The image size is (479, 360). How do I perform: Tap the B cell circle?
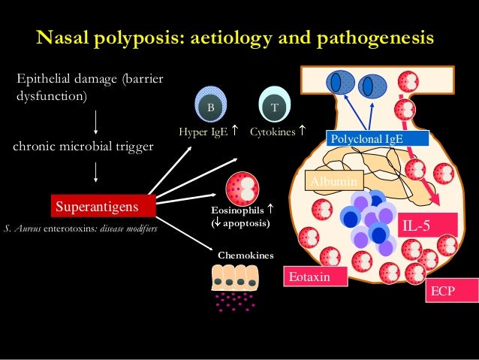211,106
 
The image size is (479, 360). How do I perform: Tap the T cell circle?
275,106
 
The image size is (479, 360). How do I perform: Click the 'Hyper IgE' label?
203,132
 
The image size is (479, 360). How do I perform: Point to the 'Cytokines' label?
273,132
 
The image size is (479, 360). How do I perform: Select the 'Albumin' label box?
333,180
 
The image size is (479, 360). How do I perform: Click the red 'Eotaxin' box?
316,278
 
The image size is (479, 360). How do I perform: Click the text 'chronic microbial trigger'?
83,147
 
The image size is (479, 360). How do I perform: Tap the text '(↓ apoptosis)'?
240,224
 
